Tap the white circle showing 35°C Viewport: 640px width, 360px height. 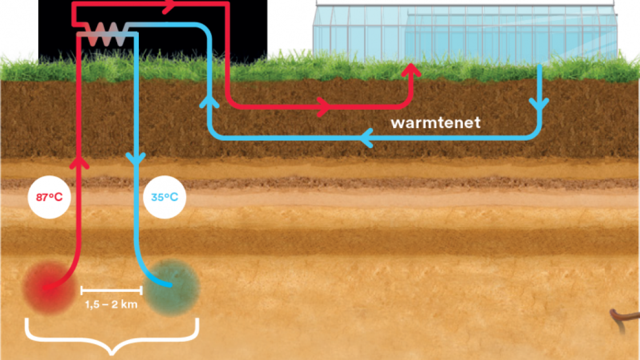(x=165, y=198)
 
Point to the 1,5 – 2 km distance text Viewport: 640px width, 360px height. (x=111, y=305)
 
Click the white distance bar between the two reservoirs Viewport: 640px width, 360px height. (x=111, y=291)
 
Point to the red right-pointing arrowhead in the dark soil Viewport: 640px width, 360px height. (x=323, y=105)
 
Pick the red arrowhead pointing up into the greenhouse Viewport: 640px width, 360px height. (x=411, y=71)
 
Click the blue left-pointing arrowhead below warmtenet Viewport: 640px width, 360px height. (x=368, y=138)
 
